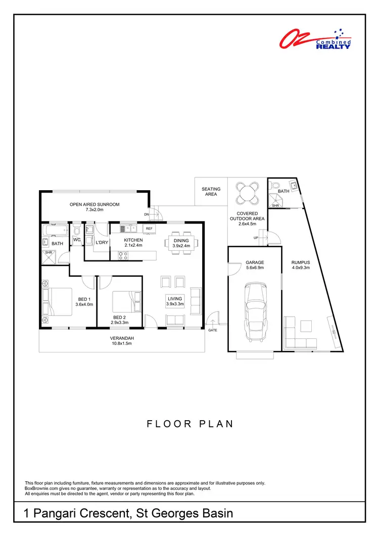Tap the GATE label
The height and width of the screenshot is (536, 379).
(213, 330)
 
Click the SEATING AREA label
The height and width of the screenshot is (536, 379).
(211, 192)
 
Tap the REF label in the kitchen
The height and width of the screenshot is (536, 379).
(149, 229)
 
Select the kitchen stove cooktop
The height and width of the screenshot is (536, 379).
(122, 255)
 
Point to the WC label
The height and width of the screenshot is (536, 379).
(77, 240)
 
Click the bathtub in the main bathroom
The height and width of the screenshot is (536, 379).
(55, 232)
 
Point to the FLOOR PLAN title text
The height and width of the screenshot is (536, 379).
(190, 424)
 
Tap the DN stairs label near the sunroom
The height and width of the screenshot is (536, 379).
(147, 214)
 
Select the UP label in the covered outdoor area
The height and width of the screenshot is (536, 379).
(256, 238)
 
